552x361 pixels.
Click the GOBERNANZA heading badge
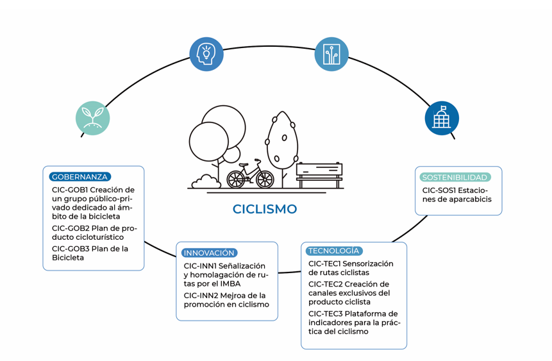80,177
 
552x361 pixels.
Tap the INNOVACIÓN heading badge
209,253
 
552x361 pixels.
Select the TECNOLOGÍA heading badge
333,251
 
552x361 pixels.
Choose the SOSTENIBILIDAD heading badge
455,177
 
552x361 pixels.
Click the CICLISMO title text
265,209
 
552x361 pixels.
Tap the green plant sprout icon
93,118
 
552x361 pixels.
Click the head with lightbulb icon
206,54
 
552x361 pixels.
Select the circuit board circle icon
331,54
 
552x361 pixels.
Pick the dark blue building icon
442,118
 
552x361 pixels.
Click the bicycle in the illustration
250,174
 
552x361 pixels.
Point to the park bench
319,175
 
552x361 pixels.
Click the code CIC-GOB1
70,190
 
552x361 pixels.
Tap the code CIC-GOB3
71,249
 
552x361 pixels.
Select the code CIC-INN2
200,296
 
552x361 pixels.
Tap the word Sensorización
369,264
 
